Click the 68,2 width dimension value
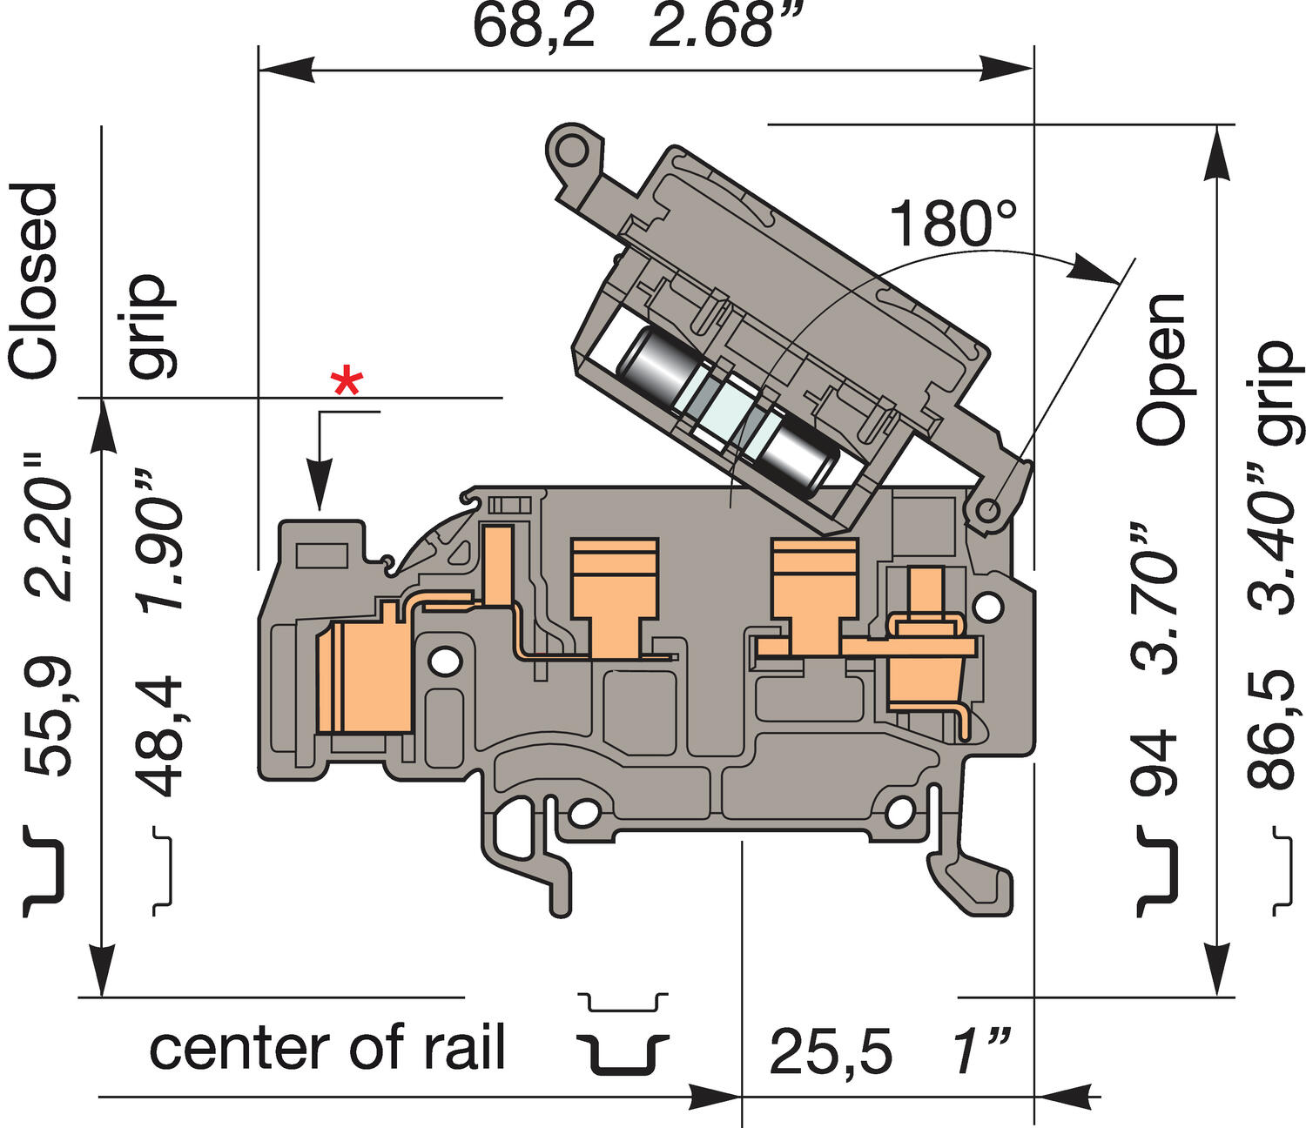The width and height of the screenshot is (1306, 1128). tap(534, 26)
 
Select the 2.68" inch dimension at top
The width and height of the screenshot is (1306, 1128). tap(711, 26)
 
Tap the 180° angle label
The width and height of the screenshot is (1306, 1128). tap(952, 224)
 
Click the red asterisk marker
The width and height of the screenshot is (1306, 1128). tap(347, 382)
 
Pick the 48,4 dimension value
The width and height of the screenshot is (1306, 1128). tap(161, 736)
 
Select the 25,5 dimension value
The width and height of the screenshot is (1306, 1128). tap(831, 1052)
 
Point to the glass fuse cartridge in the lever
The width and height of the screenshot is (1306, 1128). tap(727, 413)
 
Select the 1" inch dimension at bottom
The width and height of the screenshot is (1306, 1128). tap(980, 1052)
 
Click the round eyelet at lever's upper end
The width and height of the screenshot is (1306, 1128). tap(572, 148)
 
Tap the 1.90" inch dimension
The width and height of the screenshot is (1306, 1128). tap(161, 540)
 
